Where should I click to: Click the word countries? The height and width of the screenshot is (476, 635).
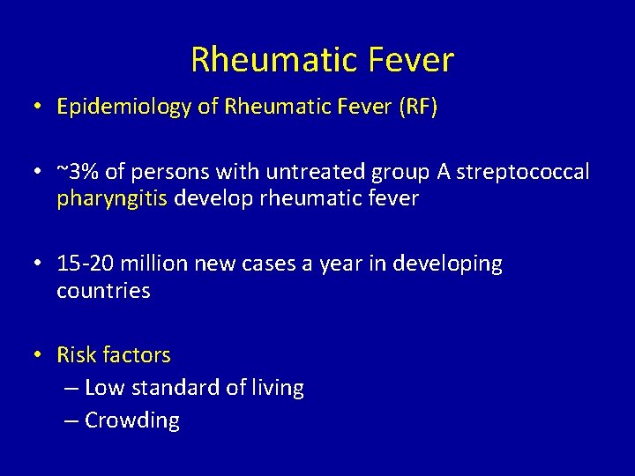point(103,291)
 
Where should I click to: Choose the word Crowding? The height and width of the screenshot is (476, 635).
point(132,421)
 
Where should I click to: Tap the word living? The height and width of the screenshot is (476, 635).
point(277,388)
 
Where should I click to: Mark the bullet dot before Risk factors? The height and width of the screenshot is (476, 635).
point(39,355)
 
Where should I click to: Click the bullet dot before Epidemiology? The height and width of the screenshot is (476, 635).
point(39,108)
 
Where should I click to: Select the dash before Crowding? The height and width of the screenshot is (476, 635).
point(72,421)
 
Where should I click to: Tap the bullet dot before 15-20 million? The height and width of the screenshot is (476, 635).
point(39,264)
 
